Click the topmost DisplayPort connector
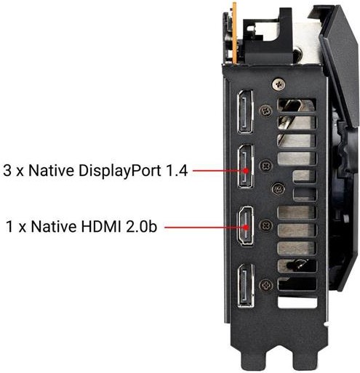pos(245,112)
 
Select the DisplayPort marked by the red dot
pos(246,167)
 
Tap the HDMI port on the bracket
pos(246,226)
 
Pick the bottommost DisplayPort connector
pos(246,286)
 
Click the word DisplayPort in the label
pos(119,171)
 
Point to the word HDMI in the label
pos(100,227)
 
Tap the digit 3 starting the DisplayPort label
pos(7,170)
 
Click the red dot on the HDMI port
pos(246,228)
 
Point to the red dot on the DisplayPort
pos(246,171)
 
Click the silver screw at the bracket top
pos(279,84)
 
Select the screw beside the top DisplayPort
pos(265,111)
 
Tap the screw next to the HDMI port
pos(266,225)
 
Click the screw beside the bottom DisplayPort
pos(266,285)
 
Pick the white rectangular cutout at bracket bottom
pos(297,302)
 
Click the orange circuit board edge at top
pos(234,33)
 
